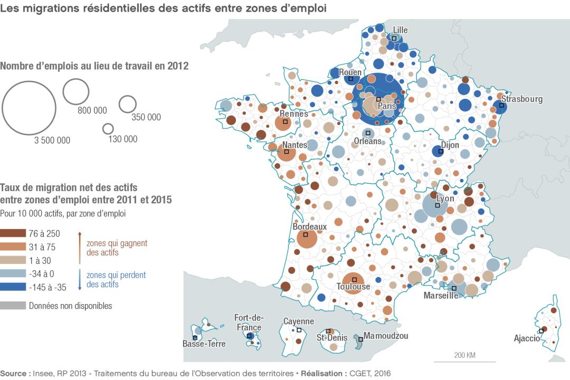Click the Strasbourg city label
point(521,99)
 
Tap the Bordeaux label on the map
point(309,226)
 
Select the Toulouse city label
point(353,287)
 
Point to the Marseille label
point(441,296)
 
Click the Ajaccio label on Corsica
point(527,338)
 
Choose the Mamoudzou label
point(386,336)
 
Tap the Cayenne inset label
point(298,321)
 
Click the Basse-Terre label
point(204,344)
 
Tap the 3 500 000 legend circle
point(29,108)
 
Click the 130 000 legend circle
point(108,128)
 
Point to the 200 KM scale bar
point(464,362)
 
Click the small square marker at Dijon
point(441,151)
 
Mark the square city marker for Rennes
point(285,122)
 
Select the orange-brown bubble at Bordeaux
point(306,239)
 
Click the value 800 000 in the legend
point(92,110)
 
